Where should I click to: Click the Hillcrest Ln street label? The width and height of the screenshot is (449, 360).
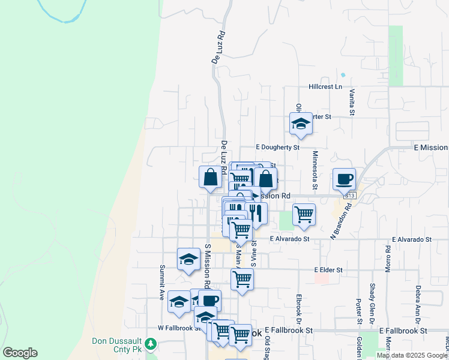click(x=325, y=86)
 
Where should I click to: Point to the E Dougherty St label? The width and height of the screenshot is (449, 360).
click(x=277, y=147)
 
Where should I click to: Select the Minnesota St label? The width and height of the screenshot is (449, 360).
click(x=315, y=170)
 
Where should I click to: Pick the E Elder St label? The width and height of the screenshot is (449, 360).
click(x=328, y=270)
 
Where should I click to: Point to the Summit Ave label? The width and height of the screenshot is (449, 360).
click(x=161, y=283)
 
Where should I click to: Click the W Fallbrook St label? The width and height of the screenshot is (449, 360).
click(x=178, y=328)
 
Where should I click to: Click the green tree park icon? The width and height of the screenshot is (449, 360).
click(x=151, y=344)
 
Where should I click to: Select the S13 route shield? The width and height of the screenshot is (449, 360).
click(x=349, y=196)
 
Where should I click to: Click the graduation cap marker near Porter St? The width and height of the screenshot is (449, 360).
click(x=301, y=124)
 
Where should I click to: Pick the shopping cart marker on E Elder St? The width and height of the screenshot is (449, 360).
click(x=242, y=278)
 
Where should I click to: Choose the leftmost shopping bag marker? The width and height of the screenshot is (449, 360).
click(x=211, y=177)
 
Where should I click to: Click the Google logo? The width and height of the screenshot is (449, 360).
click(x=20, y=353)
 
